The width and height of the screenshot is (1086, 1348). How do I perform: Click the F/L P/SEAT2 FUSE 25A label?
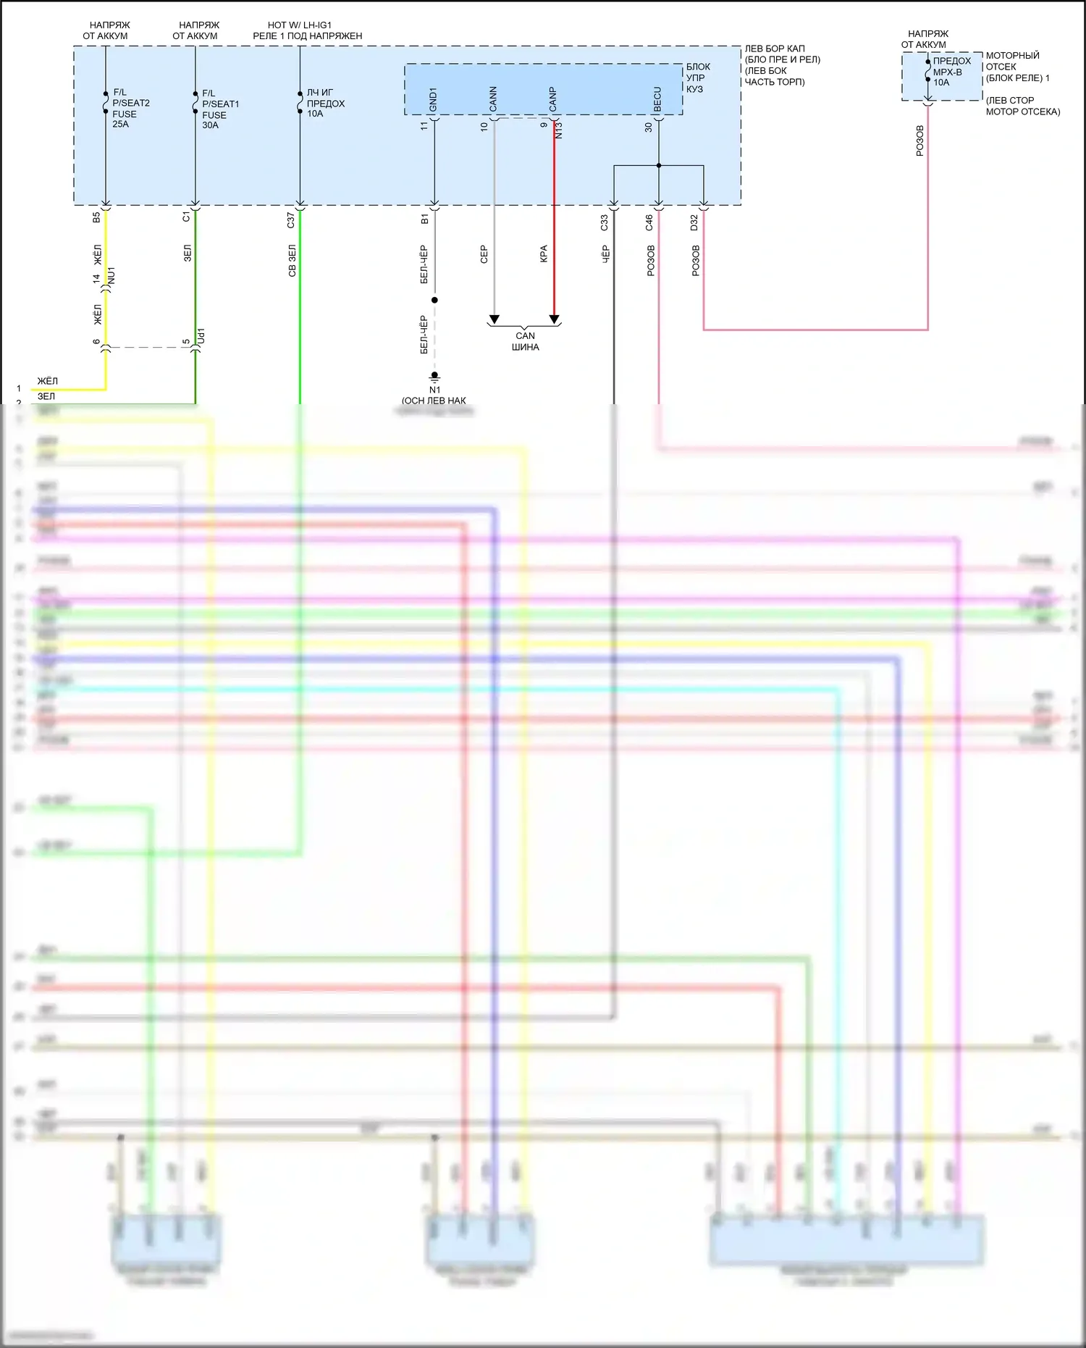(x=130, y=108)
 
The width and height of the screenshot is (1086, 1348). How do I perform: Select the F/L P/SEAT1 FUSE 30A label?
(x=220, y=109)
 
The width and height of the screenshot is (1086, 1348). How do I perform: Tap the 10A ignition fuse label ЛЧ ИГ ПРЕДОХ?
(x=325, y=103)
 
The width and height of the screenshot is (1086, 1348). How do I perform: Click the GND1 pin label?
(x=433, y=100)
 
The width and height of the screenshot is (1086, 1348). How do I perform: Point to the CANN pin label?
(x=493, y=99)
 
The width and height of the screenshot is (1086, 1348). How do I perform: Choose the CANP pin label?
(x=553, y=99)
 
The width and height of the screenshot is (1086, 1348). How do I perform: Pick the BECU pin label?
(x=657, y=99)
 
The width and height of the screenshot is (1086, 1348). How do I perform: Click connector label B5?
(x=96, y=217)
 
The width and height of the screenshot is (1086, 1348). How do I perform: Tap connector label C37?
(x=291, y=220)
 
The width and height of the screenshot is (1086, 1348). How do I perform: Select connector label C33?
(x=605, y=222)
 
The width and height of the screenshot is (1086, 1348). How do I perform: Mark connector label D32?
(x=694, y=222)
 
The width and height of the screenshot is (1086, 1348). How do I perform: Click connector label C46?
(x=649, y=222)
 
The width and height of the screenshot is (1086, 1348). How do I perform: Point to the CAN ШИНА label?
(x=525, y=341)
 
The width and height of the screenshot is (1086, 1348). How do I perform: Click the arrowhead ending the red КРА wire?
(x=555, y=319)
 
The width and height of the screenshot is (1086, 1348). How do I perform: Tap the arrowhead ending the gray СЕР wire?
(x=494, y=319)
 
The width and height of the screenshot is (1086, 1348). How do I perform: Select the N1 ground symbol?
(x=434, y=377)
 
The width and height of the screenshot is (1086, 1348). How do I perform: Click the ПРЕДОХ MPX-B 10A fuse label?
(x=951, y=72)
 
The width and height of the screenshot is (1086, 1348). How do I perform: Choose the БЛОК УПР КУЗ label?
(x=697, y=78)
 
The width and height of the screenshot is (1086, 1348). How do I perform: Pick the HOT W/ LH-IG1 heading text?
(x=300, y=25)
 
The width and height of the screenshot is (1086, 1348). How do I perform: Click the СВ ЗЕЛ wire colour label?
(x=292, y=261)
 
